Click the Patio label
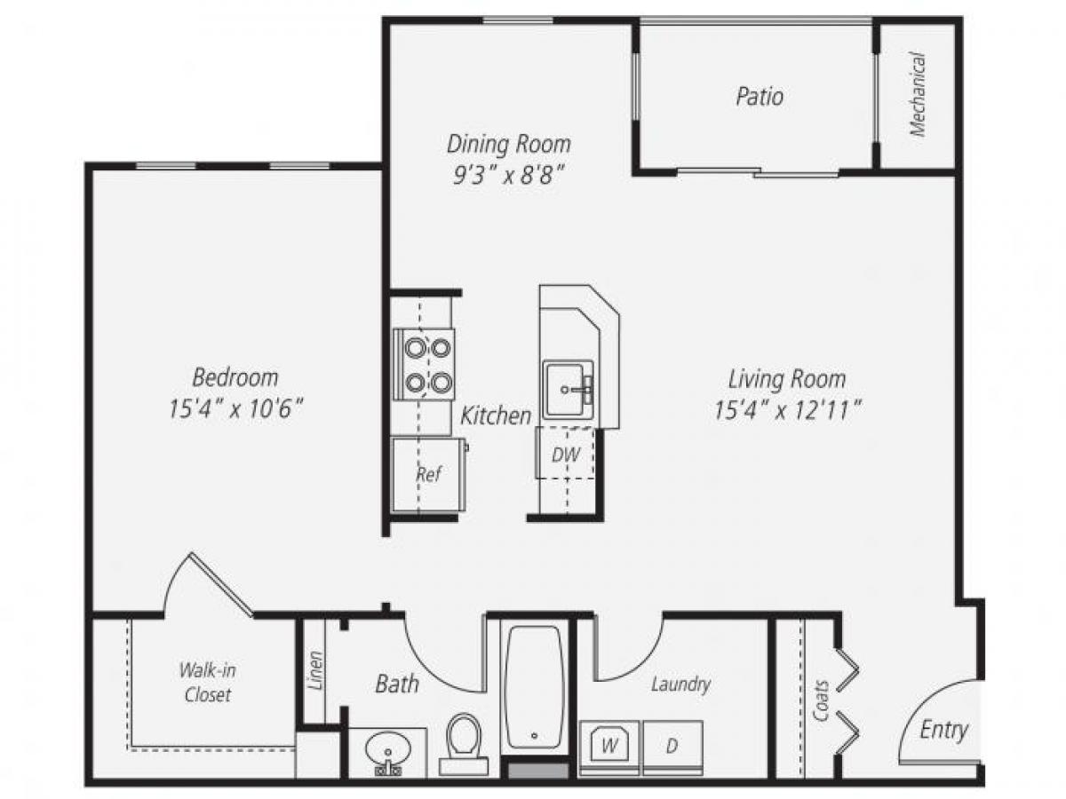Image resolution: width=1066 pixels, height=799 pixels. (x=760, y=96)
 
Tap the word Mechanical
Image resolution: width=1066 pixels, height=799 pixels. (x=918, y=94)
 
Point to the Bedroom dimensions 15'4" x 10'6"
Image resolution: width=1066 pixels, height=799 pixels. (x=235, y=409)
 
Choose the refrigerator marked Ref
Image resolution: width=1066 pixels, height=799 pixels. (x=428, y=474)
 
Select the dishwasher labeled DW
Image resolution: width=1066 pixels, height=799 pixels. (x=565, y=455)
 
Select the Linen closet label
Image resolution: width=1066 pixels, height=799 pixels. (x=314, y=671)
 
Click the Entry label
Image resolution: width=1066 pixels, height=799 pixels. (x=943, y=730)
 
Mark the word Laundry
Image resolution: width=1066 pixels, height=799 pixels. (x=680, y=684)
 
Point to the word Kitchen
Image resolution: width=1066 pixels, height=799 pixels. (x=496, y=415)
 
